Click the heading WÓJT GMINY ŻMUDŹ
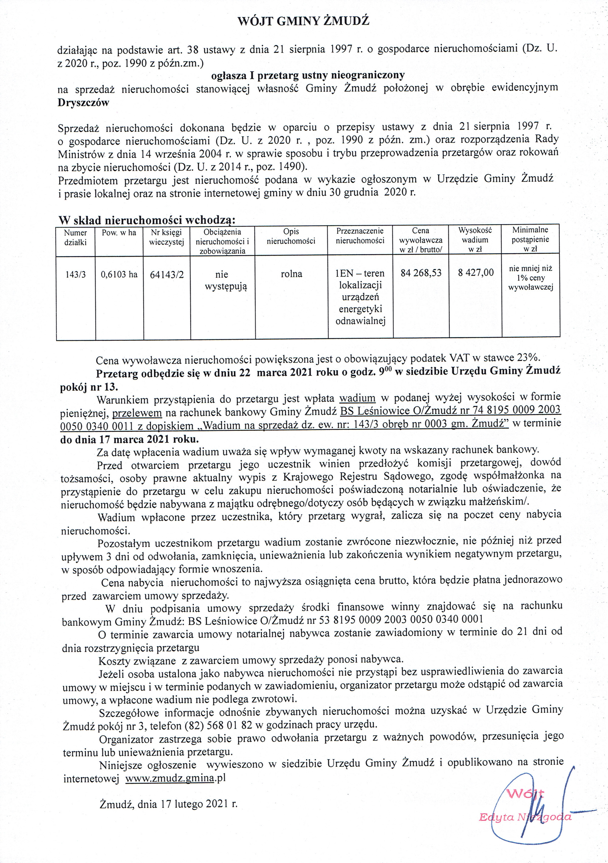(x=303, y=21)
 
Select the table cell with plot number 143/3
(x=75, y=274)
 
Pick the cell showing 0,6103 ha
(x=119, y=274)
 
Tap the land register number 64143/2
(x=167, y=275)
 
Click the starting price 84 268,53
(x=421, y=273)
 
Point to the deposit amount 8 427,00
(x=475, y=273)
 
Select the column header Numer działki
(x=75, y=238)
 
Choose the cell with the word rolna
(x=292, y=274)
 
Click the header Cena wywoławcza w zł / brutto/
(x=421, y=240)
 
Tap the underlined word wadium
(x=357, y=398)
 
